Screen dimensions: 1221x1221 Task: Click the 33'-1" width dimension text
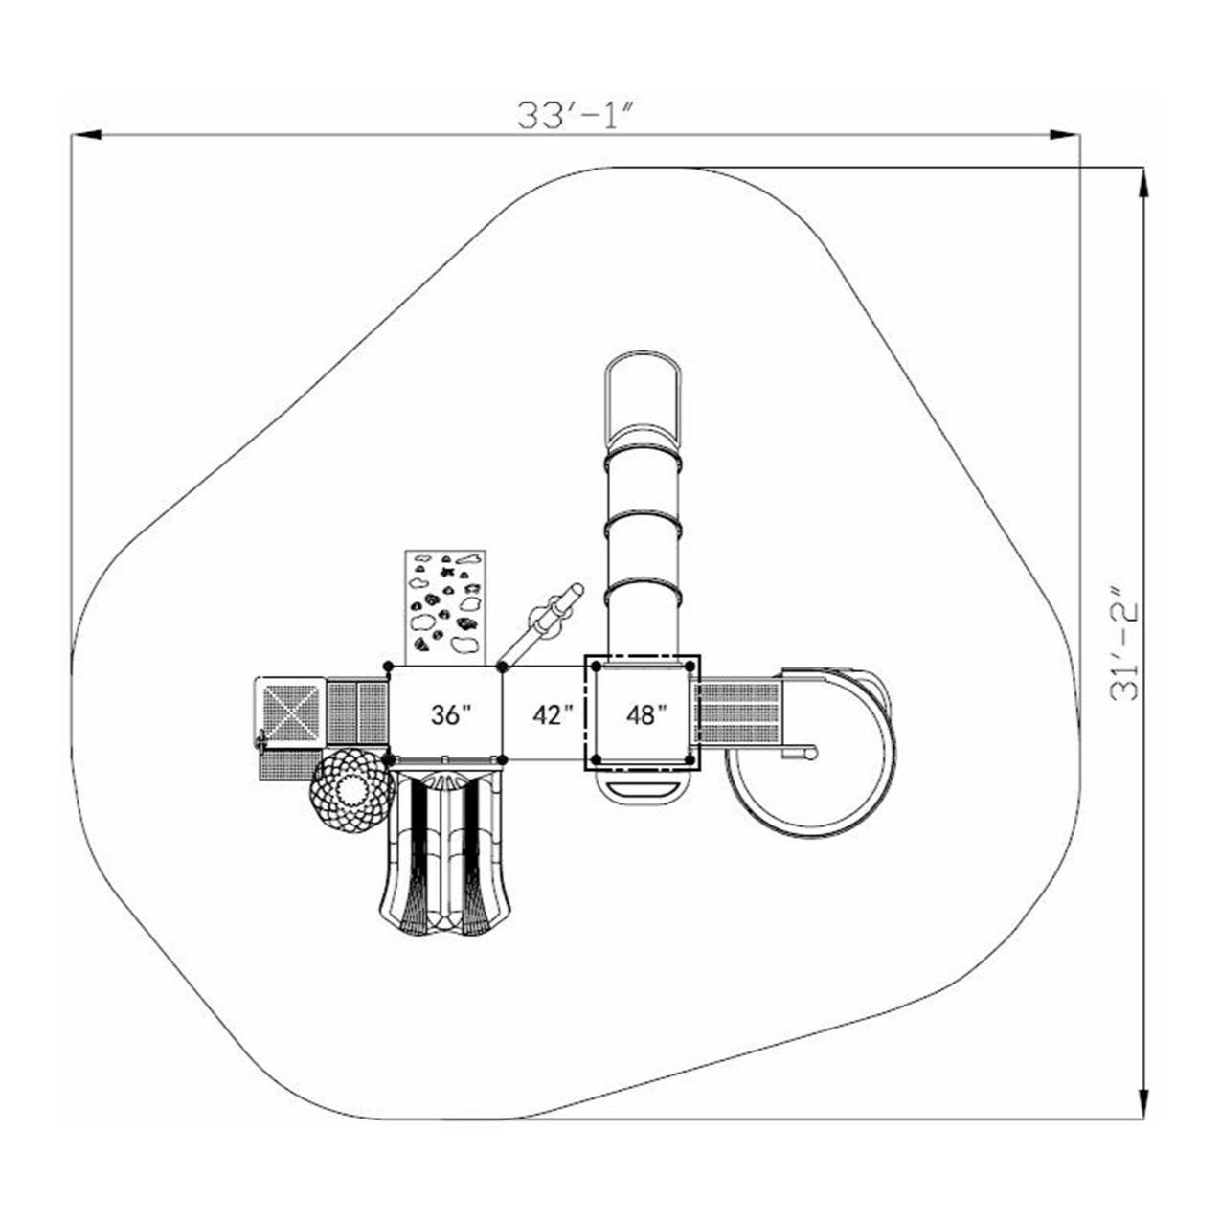(x=576, y=115)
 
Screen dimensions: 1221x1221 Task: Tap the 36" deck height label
(x=452, y=714)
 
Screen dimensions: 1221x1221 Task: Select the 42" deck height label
(x=553, y=714)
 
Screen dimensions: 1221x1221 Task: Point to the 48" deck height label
(x=647, y=714)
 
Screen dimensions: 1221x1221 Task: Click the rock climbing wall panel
(x=444, y=608)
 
